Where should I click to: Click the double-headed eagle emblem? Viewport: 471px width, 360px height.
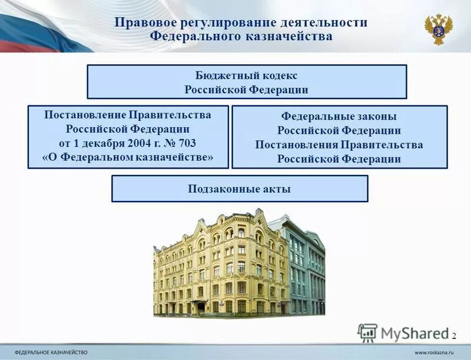click(439, 28)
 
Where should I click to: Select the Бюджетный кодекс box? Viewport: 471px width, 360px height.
click(247, 82)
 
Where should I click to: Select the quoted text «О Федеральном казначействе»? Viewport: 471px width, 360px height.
click(128, 157)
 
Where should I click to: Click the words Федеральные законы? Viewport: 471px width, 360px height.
click(339, 117)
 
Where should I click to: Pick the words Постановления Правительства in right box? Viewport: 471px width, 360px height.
click(339, 145)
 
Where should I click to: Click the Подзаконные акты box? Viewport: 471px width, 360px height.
click(240, 189)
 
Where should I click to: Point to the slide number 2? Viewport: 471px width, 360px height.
click(454, 335)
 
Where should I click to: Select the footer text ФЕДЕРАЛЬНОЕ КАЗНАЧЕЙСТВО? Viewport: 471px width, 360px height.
click(51, 352)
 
